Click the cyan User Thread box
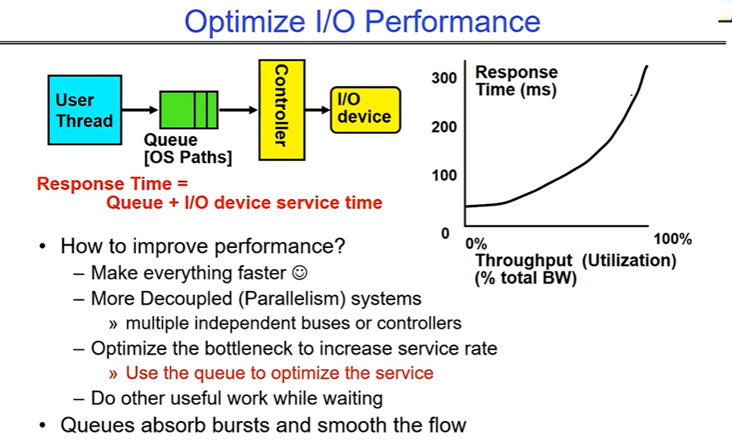(85, 110)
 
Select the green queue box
(188, 110)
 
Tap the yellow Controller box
(282, 110)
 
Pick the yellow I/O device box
(365, 110)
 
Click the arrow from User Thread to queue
(140, 110)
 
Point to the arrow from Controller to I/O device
(318, 110)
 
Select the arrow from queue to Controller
(238, 110)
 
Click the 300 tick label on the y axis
(444, 78)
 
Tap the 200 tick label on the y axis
(444, 127)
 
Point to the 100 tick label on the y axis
(444, 175)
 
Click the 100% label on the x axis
(672, 239)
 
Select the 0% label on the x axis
(476, 243)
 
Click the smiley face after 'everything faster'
(299, 272)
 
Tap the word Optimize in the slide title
(246, 21)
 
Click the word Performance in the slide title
(452, 21)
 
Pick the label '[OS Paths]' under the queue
(188, 157)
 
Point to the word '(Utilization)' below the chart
(629, 260)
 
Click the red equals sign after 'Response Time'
(182, 184)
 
